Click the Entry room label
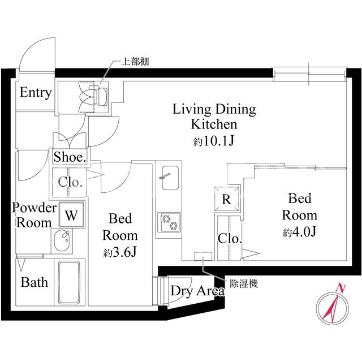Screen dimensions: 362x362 [x=36, y=93]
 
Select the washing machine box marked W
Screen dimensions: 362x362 [x=71, y=215]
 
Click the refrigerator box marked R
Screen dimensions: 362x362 [x=226, y=199]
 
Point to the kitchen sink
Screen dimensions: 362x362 [x=170, y=178]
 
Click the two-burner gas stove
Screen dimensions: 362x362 [x=169, y=222]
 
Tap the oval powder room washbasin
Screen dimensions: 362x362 [x=62, y=240]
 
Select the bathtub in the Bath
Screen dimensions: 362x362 [x=69, y=282]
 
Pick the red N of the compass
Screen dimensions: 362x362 [x=341, y=288]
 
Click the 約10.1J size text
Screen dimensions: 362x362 [x=214, y=141]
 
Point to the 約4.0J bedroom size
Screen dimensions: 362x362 [x=299, y=232]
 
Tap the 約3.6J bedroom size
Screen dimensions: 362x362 [x=120, y=252]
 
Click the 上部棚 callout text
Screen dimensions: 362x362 [x=135, y=62]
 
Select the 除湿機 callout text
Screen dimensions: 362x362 [x=244, y=284]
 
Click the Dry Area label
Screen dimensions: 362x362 [x=197, y=291]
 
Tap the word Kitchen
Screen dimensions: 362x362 [x=214, y=124]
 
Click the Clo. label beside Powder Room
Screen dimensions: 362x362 [x=70, y=182]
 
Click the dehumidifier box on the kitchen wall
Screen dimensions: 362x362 [x=203, y=256]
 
